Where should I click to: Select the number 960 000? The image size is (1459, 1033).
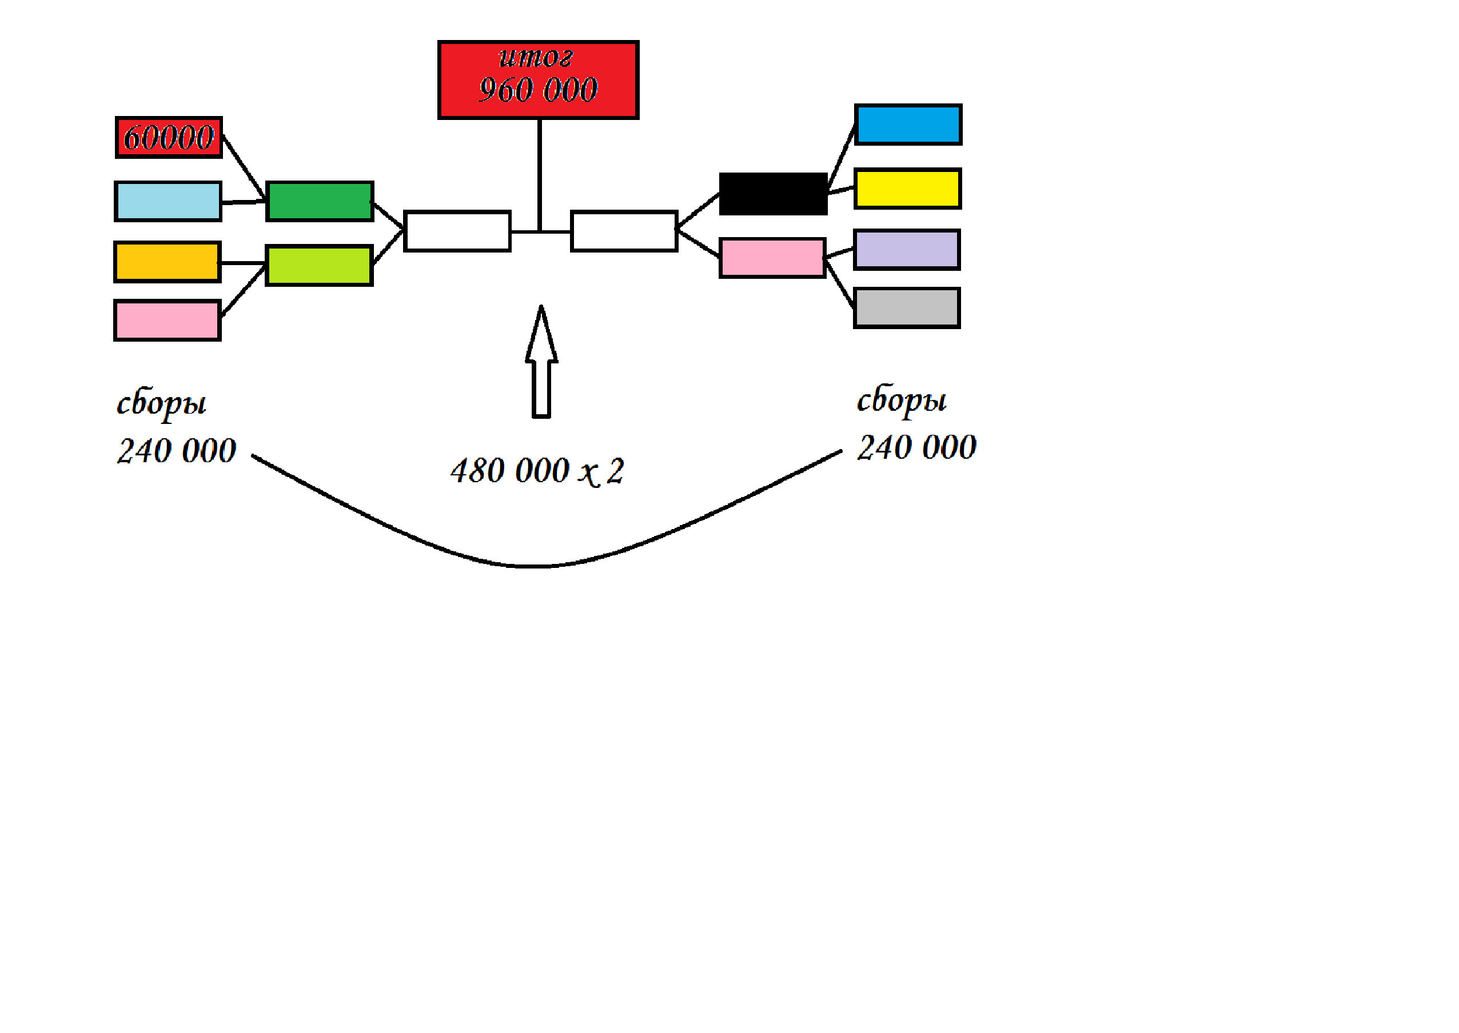click(x=538, y=90)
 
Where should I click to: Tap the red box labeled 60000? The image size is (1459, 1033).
click(x=169, y=137)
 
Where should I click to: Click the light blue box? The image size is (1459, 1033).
click(x=168, y=202)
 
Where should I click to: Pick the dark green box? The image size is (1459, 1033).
click(x=320, y=202)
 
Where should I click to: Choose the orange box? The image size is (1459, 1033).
click(x=168, y=262)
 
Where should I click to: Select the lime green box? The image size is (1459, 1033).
click(x=319, y=265)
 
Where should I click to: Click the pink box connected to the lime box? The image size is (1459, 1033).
click(x=168, y=321)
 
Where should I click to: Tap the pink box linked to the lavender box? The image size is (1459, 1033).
click(x=772, y=258)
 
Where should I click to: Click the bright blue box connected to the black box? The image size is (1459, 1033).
click(x=908, y=125)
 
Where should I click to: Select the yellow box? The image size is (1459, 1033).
click(x=907, y=189)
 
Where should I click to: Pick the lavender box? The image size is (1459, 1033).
click(x=907, y=249)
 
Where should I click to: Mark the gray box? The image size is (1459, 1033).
click(x=907, y=308)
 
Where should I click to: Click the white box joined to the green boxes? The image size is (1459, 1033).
click(x=457, y=231)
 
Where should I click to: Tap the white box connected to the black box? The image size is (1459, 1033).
click(x=624, y=231)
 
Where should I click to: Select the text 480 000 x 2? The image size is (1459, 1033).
click(x=537, y=471)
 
